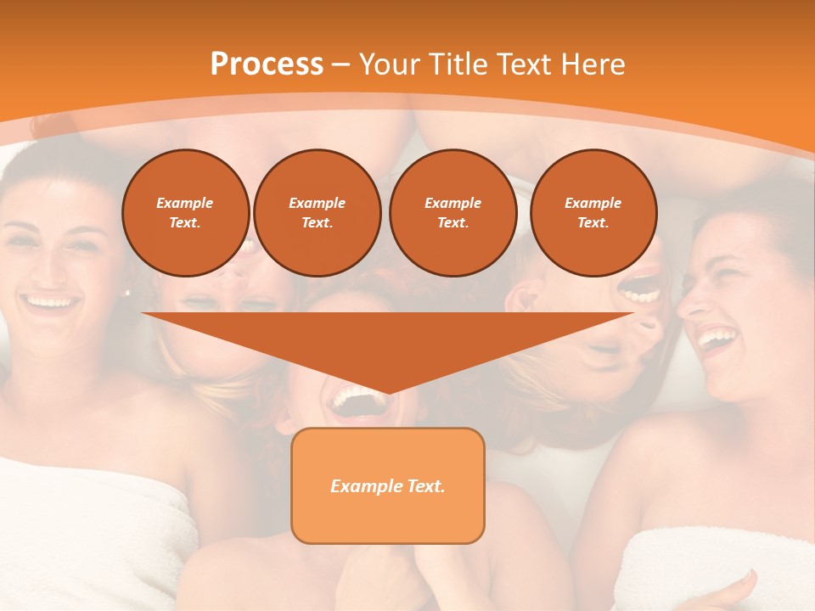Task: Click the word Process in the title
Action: coord(267,64)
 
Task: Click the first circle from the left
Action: coord(185,213)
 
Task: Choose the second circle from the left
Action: coord(317,213)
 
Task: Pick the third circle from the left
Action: coord(452,213)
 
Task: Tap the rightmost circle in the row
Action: coord(593,213)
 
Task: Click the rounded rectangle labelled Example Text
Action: coord(387,485)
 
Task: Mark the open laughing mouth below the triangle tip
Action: coord(357,399)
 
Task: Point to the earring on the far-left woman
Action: coord(127,293)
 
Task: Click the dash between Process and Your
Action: coord(341,65)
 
